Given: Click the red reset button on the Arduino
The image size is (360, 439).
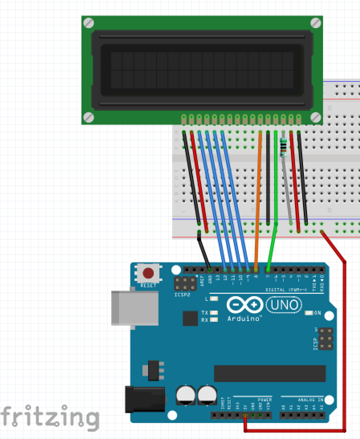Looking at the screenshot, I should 148,274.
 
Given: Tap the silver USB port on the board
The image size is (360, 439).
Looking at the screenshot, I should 134,307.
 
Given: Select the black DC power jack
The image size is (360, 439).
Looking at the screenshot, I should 145,399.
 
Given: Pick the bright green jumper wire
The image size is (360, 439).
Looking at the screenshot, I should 275,181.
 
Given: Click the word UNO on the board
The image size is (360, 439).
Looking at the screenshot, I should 284,305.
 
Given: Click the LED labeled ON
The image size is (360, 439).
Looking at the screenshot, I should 309,313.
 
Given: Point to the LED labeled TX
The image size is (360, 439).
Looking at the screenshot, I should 214,313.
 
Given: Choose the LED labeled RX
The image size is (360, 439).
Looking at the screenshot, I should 214,320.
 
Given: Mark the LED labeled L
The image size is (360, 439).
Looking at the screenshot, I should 214,299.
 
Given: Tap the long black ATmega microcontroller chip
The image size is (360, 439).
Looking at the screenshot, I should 270,373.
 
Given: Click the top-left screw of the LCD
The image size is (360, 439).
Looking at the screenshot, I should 88,23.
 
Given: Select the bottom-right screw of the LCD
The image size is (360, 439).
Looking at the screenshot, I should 316,117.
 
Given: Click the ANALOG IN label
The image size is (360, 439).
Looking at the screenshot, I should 311,400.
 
